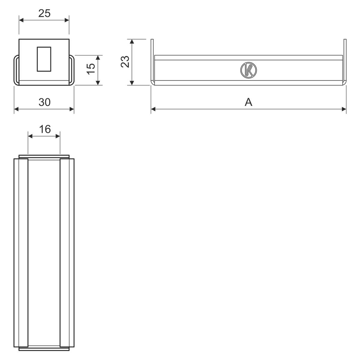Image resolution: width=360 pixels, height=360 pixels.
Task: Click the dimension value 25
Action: [44, 13]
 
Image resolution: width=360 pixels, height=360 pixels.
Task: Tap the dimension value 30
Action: [44, 102]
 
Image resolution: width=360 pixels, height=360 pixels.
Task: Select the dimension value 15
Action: [91, 69]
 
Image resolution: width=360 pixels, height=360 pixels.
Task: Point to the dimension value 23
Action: [125, 62]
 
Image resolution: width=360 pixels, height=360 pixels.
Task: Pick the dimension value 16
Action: [45, 129]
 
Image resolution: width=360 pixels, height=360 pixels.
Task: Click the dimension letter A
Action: [248, 102]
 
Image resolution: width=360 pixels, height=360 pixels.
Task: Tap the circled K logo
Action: [248, 70]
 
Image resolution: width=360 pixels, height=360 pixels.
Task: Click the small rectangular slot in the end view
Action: [44, 59]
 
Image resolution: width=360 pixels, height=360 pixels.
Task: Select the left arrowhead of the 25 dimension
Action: [21, 20]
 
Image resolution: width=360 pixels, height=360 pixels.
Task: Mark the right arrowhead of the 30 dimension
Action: [72, 109]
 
